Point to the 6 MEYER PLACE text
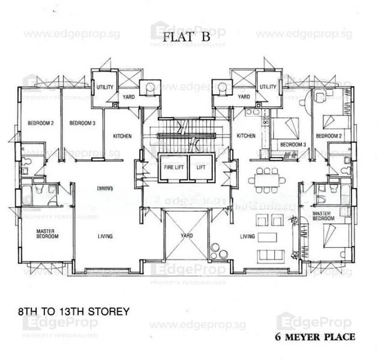click(315, 337)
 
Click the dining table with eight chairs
click(266, 179)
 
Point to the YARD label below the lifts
click(186, 236)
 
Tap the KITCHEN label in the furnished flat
click(246, 136)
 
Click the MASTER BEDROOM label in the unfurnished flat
click(47, 234)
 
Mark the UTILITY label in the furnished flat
click(268, 87)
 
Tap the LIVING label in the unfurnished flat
click(105, 236)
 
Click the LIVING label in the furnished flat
click(247, 236)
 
